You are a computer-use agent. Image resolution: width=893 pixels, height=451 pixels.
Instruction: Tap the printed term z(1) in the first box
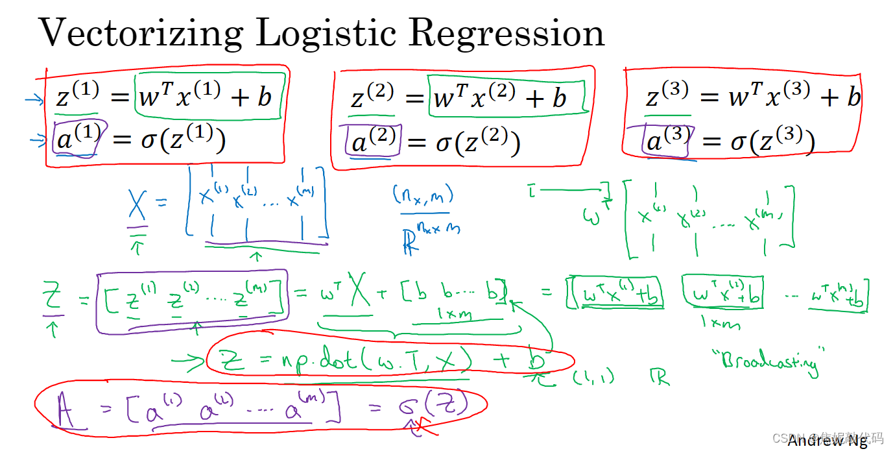tap(77, 97)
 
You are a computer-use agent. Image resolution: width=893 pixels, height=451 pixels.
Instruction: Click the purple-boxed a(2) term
tap(373, 141)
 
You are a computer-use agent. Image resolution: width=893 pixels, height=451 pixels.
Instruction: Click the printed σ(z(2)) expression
tap(478, 143)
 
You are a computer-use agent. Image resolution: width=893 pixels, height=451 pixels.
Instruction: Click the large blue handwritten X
tap(137, 208)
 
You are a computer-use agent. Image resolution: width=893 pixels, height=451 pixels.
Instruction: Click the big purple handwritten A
tap(65, 411)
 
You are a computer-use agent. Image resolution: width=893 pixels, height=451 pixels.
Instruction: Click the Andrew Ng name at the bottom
tap(827, 441)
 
